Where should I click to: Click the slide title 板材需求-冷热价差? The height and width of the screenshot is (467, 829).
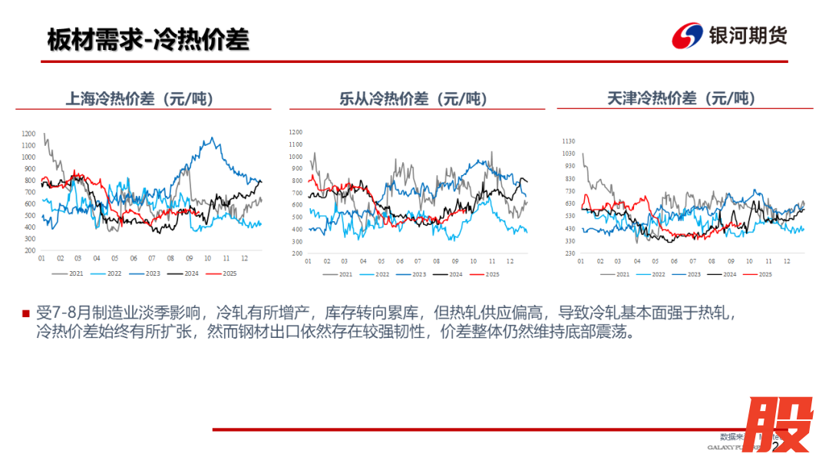click(148, 39)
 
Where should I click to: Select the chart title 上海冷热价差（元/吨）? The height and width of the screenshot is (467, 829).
click(139, 98)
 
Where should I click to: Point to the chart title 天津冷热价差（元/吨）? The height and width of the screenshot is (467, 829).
click(681, 98)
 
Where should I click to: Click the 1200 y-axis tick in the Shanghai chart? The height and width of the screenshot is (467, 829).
click(28, 134)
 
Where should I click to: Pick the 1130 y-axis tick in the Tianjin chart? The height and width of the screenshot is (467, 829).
click(568, 141)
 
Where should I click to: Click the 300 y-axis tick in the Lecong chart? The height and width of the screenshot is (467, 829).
click(296, 241)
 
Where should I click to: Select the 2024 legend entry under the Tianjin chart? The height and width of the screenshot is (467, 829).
click(728, 274)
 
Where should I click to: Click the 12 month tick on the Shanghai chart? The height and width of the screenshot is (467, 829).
click(245, 258)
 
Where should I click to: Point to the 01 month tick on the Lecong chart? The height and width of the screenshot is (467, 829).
click(308, 261)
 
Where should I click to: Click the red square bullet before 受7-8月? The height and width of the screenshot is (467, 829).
click(25, 313)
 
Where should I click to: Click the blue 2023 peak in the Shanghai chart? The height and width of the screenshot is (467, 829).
click(212, 138)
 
